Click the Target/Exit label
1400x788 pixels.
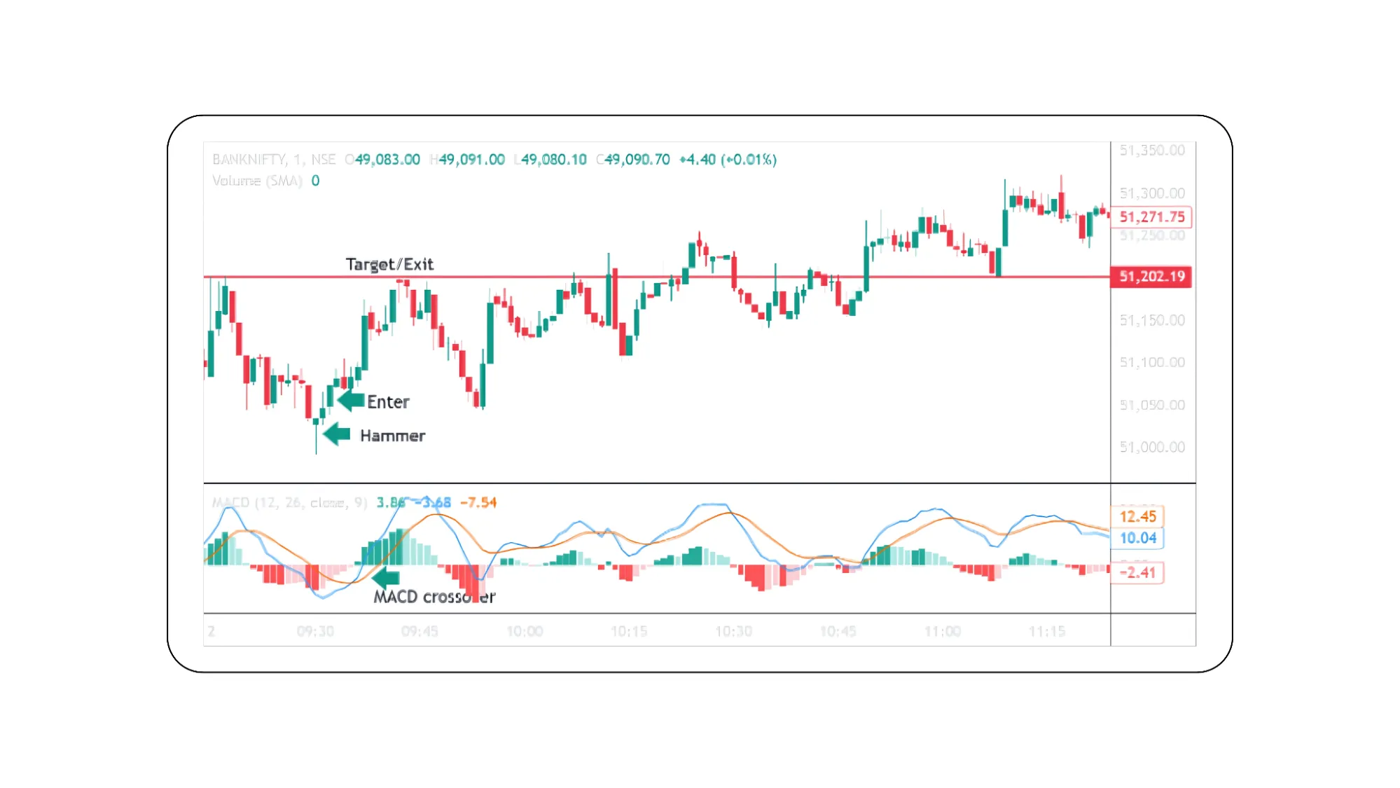tap(389, 264)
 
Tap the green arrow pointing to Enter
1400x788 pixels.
tap(350, 401)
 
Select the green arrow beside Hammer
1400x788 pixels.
tap(337, 434)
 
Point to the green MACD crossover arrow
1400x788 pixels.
tap(385, 578)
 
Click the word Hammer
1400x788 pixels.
tap(392, 436)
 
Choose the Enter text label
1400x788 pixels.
tap(388, 402)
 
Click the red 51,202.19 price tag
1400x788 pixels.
tap(1151, 277)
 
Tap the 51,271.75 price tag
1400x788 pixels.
tap(1151, 217)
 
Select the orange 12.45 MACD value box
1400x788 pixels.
tap(1137, 517)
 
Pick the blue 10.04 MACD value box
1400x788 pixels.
tap(1137, 538)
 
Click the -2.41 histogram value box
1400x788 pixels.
tap(1137, 572)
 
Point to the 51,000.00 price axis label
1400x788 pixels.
tap(1151, 447)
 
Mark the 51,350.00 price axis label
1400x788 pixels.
tap(1151, 151)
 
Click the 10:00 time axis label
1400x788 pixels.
tap(525, 631)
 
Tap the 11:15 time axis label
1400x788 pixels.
tap(1046, 631)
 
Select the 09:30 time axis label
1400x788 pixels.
tap(315, 631)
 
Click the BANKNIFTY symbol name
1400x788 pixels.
tap(249, 160)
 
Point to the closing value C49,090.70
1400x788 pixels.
tap(633, 160)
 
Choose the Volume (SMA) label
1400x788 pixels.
tap(257, 181)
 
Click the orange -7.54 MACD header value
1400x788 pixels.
tap(478, 502)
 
